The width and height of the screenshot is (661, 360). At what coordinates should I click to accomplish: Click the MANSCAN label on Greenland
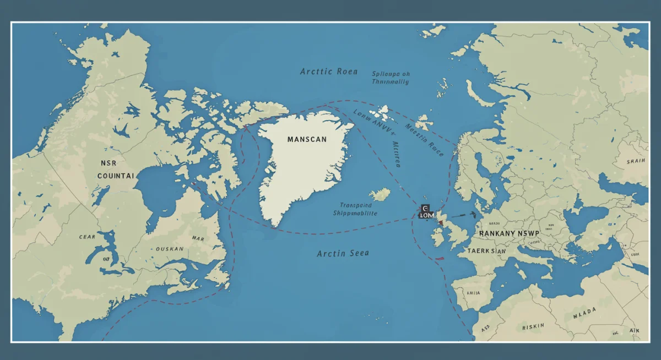[x=307, y=140]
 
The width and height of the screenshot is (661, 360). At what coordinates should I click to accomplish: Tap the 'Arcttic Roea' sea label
[x=328, y=72]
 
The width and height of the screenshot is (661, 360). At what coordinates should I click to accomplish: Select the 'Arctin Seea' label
[x=343, y=253]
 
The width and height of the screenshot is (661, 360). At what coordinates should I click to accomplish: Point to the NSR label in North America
[x=109, y=163]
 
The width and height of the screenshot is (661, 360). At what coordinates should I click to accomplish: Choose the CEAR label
[x=86, y=237]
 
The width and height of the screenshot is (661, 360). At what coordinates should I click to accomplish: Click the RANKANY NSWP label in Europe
[x=510, y=233]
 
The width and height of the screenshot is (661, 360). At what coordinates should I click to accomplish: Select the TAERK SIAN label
[x=486, y=250]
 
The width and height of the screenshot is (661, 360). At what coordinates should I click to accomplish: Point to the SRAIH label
[x=636, y=161]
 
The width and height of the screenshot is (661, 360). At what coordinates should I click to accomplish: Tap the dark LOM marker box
[x=426, y=212]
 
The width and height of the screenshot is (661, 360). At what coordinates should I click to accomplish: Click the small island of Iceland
[x=380, y=194]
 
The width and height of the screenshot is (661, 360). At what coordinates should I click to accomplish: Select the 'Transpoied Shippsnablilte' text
[x=355, y=209]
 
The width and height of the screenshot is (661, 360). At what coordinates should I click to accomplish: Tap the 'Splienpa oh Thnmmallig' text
[x=391, y=77]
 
